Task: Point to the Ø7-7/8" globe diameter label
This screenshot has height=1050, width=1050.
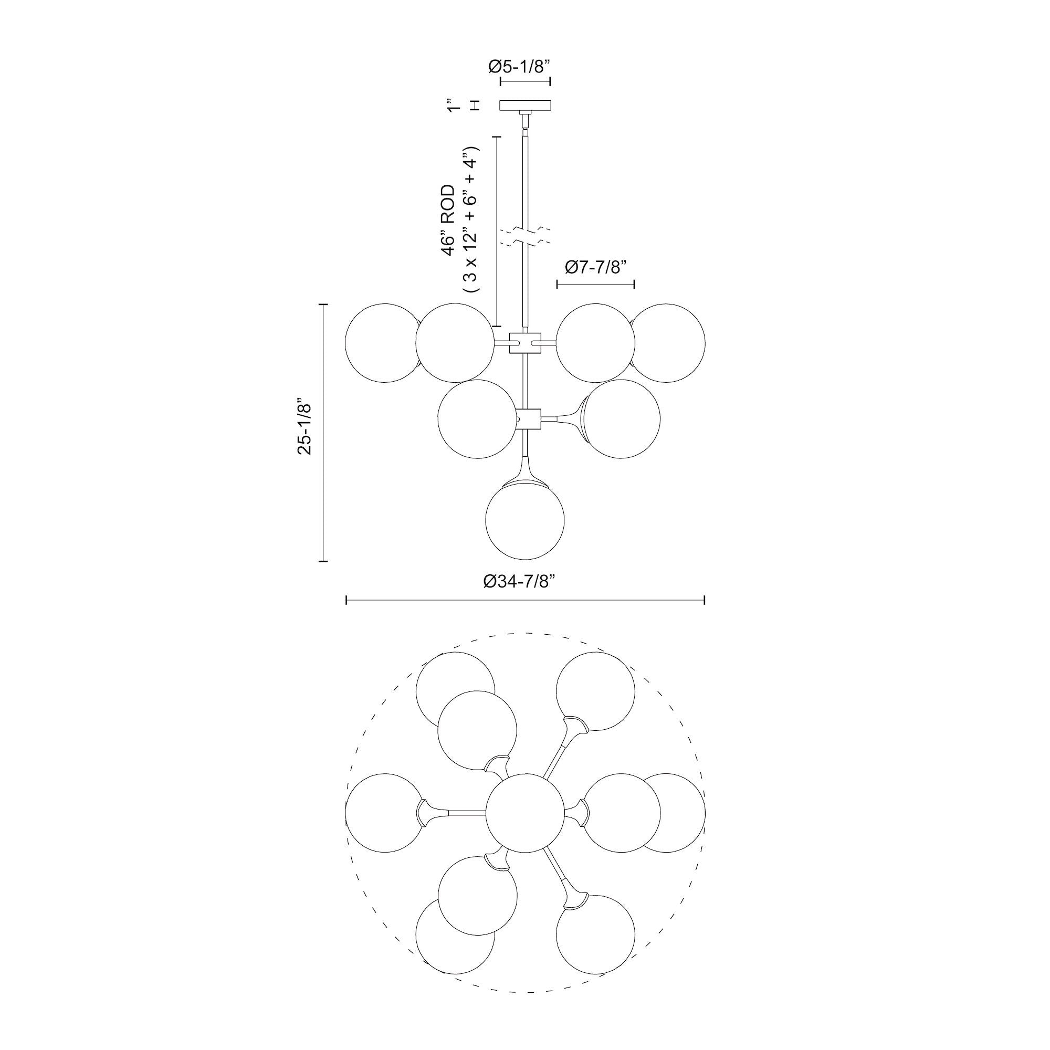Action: click(596, 267)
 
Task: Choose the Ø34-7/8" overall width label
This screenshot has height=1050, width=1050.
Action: click(521, 581)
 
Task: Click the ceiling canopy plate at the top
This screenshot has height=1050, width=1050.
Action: click(525, 105)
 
